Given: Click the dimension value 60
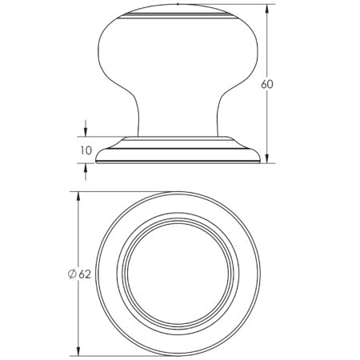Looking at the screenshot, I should (270, 85).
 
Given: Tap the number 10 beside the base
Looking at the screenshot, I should (86, 150).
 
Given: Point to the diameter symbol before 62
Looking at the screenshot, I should (72, 274).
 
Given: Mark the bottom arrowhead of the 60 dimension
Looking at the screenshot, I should (266, 158).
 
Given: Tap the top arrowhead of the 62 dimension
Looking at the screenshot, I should (78, 197).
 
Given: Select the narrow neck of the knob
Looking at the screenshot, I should (178, 120).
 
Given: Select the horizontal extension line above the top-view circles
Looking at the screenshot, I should (120, 192).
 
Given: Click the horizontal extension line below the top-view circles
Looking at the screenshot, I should (120, 355).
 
